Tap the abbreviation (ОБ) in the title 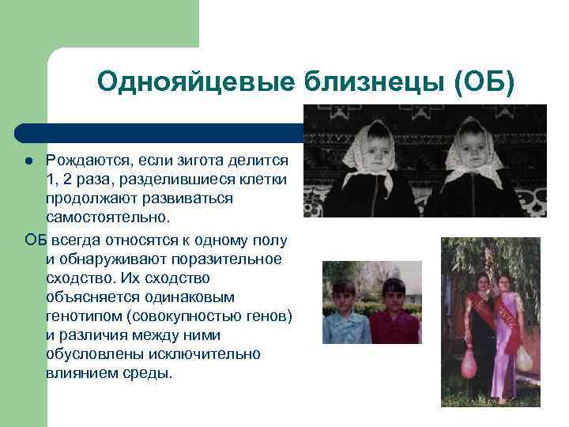click(x=485, y=81)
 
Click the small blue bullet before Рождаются click(x=28, y=161)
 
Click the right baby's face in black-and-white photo click(x=474, y=148)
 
